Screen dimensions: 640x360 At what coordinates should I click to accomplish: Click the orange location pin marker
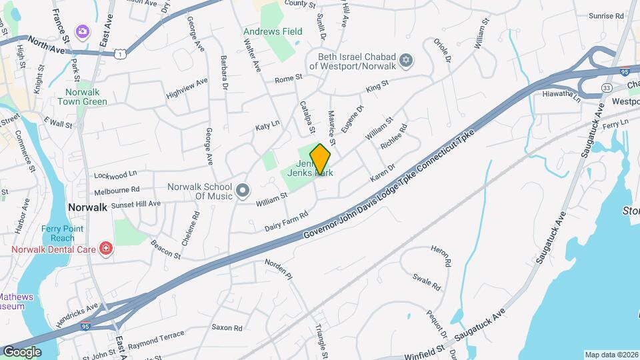320,159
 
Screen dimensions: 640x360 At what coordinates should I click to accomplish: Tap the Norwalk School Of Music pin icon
242,191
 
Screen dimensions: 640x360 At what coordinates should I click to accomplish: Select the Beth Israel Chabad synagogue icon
406,63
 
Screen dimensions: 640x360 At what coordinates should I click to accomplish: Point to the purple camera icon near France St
82,31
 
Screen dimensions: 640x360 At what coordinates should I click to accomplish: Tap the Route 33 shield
587,88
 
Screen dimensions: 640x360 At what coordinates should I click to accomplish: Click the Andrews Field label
272,31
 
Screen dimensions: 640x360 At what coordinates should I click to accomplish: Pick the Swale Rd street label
427,281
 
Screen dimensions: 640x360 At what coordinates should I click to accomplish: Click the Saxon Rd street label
227,327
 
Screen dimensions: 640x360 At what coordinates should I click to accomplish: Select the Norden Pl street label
279,269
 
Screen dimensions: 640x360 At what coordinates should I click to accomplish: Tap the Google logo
21,352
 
